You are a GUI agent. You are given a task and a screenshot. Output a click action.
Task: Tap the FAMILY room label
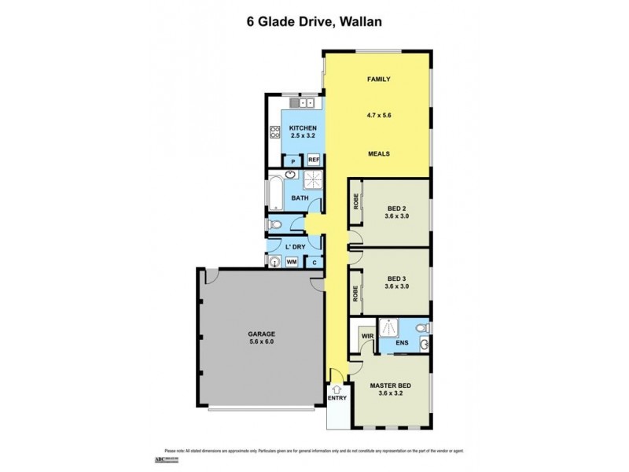379,79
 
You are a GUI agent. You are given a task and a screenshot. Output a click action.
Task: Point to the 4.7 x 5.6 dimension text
379,115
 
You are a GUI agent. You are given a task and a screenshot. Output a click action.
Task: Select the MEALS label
379,154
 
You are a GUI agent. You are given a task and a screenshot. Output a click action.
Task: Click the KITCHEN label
303,128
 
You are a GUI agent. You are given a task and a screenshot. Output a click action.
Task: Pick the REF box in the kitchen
313,160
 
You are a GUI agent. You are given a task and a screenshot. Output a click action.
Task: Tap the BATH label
300,198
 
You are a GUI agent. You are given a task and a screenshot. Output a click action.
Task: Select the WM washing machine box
291,262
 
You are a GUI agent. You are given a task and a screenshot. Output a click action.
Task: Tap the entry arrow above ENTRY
336,388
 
